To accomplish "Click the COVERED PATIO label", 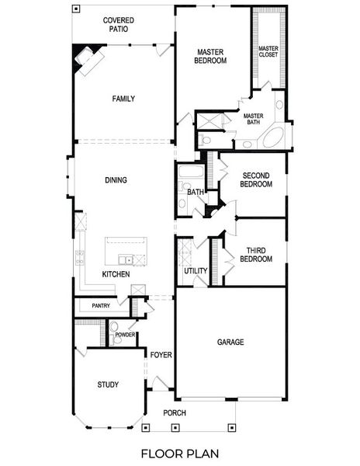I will click(115, 25).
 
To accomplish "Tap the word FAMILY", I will click(123, 99).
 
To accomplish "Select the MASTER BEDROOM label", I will click(210, 54).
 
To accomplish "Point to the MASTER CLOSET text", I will click(268, 51).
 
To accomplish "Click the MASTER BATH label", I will click(254, 120).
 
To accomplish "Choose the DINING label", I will click(116, 180).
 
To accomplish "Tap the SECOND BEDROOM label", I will click(256, 180).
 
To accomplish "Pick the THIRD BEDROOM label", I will click(259, 255).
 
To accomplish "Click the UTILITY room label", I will click(196, 271).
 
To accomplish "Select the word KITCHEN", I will click(116, 275).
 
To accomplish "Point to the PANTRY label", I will click(101, 306).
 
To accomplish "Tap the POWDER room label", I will click(126, 335).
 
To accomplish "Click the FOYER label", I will click(161, 355).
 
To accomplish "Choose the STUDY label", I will click(108, 385).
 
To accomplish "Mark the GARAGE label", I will click(230, 342).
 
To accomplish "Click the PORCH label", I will click(175, 412).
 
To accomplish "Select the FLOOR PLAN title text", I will click(180, 453).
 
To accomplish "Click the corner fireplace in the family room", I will click(84, 57).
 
